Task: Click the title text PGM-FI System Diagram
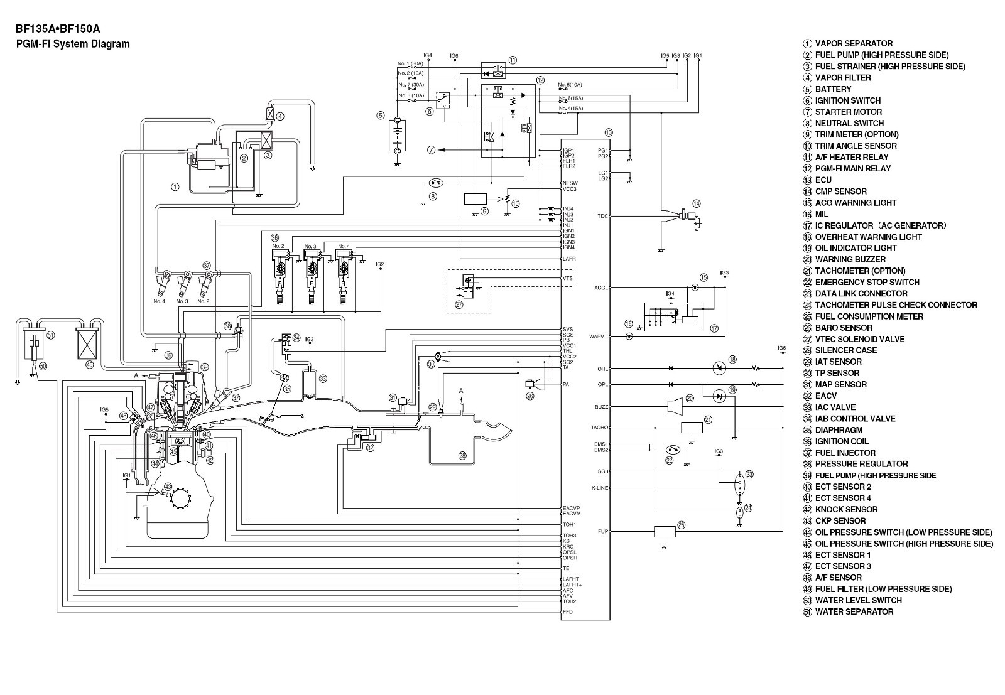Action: [x=73, y=44]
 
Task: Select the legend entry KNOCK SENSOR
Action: [x=845, y=509]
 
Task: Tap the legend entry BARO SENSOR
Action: [x=843, y=328]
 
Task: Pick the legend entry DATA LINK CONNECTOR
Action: [x=861, y=293]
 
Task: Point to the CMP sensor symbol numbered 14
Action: [x=688, y=217]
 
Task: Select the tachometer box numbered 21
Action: [x=692, y=428]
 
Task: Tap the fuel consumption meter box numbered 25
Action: [x=665, y=532]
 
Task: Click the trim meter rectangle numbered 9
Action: [x=475, y=199]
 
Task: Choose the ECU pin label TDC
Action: [x=602, y=216]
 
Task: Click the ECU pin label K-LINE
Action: [x=600, y=488]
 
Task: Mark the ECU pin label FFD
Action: [x=568, y=612]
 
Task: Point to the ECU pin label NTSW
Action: [x=570, y=183]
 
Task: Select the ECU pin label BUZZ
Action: [x=601, y=407]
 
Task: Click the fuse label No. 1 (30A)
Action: [x=410, y=63]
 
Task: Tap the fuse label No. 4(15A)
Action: [x=570, y=108]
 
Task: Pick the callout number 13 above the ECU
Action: [x=609, y=132]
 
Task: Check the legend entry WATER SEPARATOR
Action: [x=854, y=611]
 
